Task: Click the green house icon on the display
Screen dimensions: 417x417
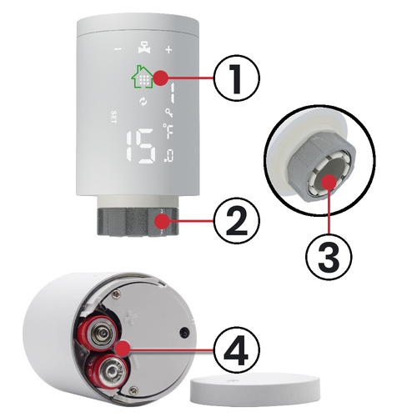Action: [141, 77]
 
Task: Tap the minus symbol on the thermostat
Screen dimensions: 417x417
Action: [117, 48]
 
